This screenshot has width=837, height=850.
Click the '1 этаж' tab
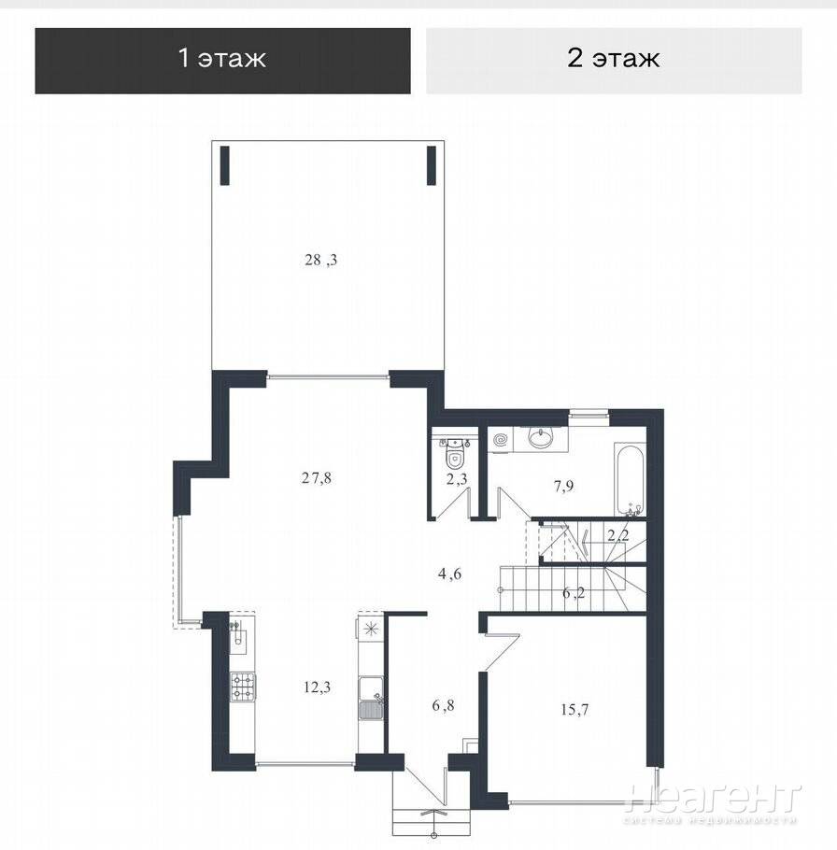point(223,61)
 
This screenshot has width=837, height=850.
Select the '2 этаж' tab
point(614,61)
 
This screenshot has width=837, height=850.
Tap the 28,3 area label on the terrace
point(321,261)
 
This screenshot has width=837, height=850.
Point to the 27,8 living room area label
point(316,478)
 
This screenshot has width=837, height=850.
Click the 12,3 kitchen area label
point(317,687)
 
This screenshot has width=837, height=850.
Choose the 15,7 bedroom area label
point(575,709)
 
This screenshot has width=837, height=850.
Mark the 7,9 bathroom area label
point(563,486)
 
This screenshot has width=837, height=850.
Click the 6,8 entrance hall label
point(444,706)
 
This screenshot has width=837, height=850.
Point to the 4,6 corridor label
point(450,574)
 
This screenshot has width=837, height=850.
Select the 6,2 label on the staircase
point(574,593)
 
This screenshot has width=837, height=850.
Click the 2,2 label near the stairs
point(618,537)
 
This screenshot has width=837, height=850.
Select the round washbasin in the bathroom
point(541,437)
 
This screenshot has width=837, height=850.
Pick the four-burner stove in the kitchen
point(244,687)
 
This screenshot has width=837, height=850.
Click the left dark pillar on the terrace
point(225,165)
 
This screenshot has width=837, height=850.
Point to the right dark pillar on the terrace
point(432,165)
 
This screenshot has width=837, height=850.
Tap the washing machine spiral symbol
point(501,439)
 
